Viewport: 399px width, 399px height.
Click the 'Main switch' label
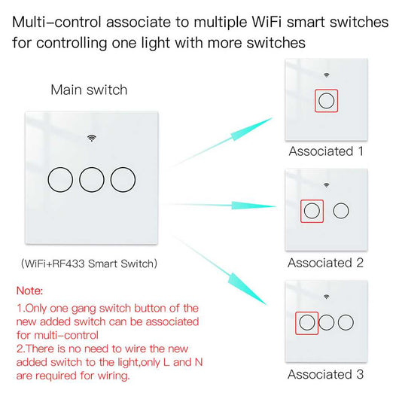coord(89,90)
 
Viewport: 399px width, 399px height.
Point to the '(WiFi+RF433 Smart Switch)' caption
coord(89,263)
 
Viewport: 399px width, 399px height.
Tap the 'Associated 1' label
coord(326,151)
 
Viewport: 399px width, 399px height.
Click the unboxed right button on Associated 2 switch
coord(341,211)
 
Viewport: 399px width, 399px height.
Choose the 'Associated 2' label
coord(326,263)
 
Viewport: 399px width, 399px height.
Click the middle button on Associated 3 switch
coord(327,322)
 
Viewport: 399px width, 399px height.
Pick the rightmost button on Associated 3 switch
coord(346,322)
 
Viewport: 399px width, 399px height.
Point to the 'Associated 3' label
coord(326,374)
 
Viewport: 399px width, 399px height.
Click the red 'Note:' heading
coord(30,290)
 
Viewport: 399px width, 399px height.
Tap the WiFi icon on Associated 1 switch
coord(326,75)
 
